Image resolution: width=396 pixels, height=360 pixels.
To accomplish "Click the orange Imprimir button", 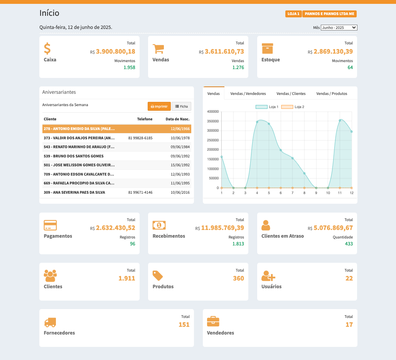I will [159, 106].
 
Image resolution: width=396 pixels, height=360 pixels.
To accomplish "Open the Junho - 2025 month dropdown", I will [339, 28].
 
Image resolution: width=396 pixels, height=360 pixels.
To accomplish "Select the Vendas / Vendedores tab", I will [248, 94].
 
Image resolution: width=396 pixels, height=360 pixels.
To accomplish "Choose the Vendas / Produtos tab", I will [332, 94].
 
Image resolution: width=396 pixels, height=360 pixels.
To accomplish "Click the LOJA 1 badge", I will [293, 14].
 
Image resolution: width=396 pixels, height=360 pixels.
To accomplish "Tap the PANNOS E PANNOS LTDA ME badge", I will [329, 14].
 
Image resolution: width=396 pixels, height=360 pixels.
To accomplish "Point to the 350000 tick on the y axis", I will [213, 121].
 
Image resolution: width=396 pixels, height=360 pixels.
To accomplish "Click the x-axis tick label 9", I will [316, 193].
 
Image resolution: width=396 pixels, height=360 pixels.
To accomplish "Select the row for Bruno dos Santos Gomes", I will [74, 156].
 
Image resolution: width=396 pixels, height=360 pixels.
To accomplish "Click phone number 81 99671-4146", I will [140, 192].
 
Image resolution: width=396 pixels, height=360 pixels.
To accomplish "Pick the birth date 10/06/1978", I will [180, 138].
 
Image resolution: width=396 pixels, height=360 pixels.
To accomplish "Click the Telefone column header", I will [145, 119].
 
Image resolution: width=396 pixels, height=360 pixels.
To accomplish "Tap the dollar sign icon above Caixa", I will [47, 49].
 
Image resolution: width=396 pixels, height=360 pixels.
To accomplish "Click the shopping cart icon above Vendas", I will [158, 49].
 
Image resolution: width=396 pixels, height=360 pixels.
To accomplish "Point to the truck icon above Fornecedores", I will [50, 322].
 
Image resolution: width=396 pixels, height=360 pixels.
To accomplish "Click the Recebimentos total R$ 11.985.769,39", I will [222, 228].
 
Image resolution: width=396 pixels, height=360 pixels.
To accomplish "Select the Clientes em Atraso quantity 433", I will [349, 244].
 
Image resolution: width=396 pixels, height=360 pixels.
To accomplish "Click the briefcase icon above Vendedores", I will [213, 321].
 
